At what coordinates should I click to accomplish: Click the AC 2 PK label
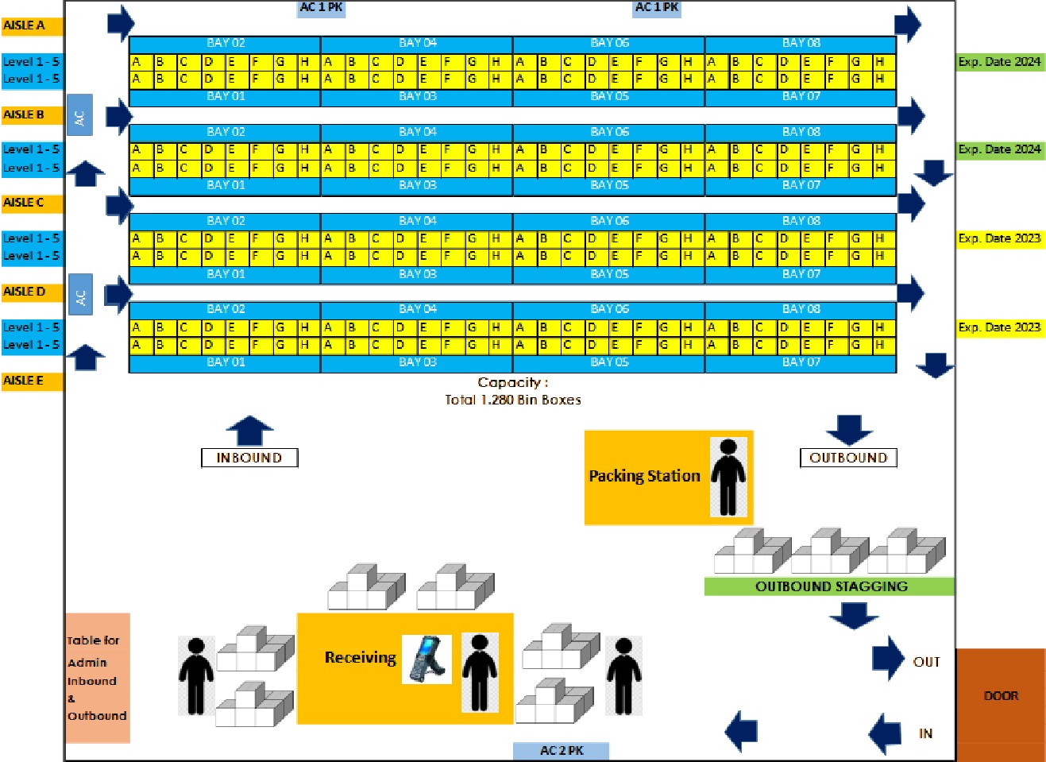[x=561, y=751]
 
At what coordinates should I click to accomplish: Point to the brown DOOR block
[x=1000, y=696]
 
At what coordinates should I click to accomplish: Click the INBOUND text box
[x=249, y=458]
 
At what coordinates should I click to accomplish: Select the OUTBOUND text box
[x=847, y=458]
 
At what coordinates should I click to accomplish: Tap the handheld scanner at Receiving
[x=427, y=659]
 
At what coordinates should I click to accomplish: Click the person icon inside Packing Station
[x=728, y=477]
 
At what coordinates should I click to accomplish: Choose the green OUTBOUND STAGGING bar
[x=829, y=586]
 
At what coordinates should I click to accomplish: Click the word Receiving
[x=360, y=658]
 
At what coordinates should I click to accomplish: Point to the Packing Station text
[x=644, y=476]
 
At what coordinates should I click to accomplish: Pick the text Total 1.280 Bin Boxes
[x=513, y=400]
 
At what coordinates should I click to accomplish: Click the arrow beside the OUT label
[x=888, y=658]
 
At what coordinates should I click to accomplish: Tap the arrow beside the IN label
[x=886, y=732]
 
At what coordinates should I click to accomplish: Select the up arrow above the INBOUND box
[x=249, y=430]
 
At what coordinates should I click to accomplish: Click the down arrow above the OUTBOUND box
[x=848, y=429]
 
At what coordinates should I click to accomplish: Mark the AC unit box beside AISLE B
[x=79, y=115]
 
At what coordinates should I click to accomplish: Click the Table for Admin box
[x=97, y=678]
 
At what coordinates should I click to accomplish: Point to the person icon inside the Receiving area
[x=479, y=671]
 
